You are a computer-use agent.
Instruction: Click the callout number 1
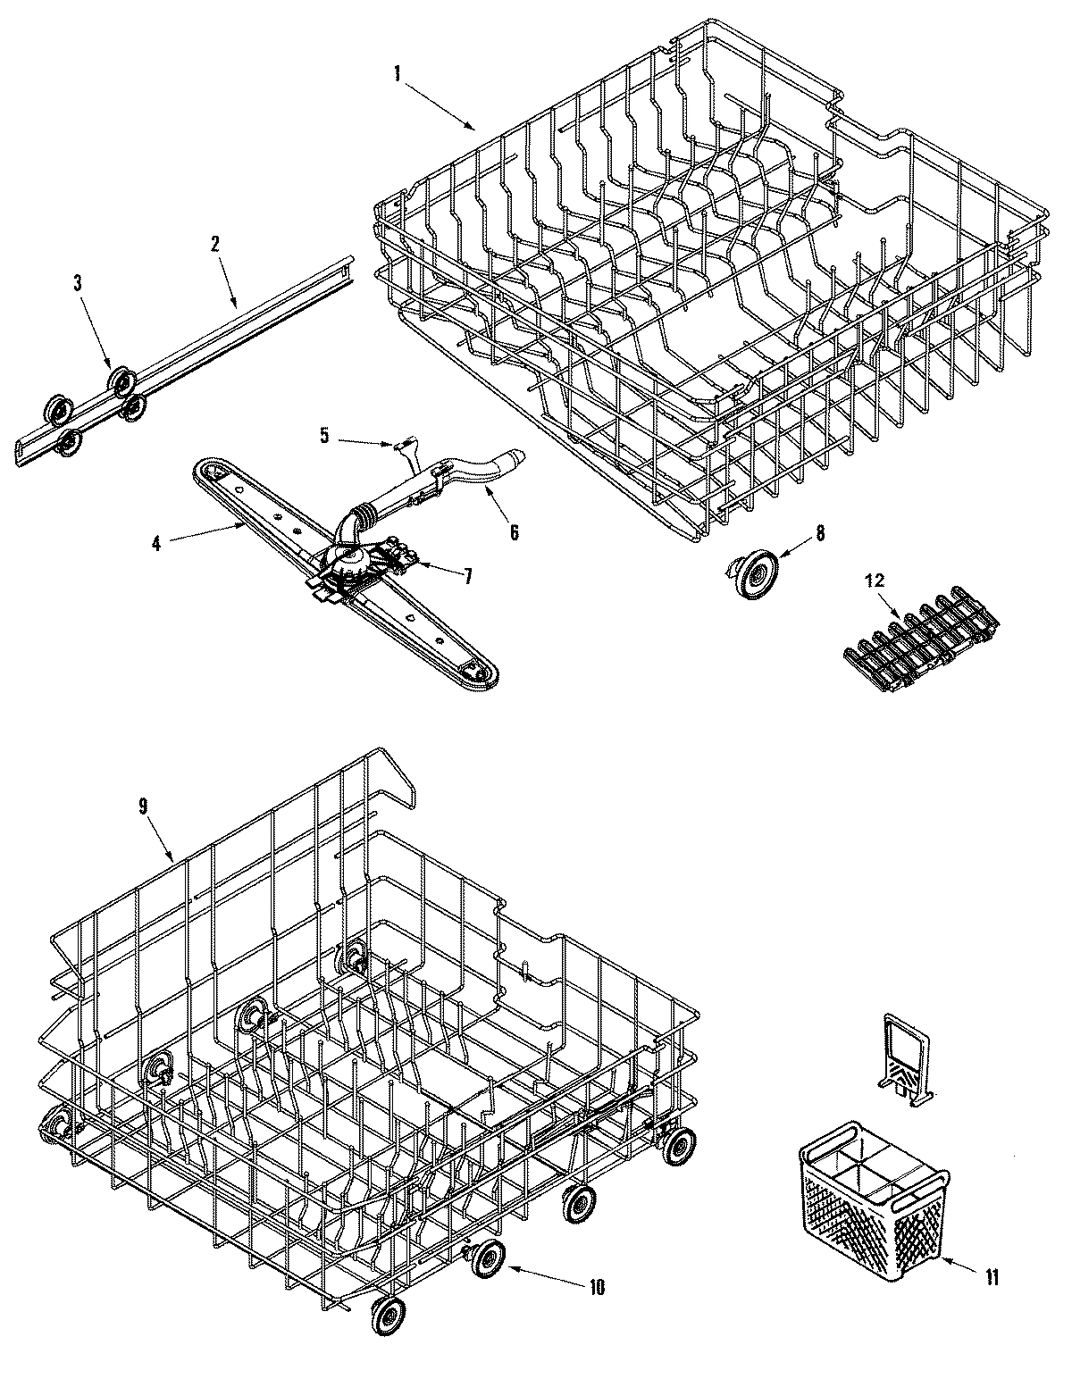[397, 74]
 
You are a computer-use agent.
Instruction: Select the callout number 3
[78, 283]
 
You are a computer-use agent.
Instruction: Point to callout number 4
[155, 542]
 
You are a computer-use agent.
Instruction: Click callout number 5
[324, 436]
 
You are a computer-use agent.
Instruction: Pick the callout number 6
[514, 532]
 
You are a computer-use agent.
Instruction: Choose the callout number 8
[821, 533]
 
